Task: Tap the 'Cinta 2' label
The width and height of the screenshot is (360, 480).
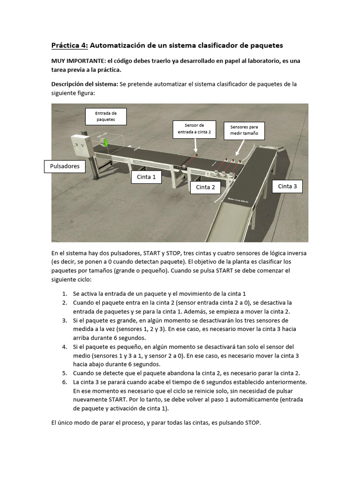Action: coord(205,187)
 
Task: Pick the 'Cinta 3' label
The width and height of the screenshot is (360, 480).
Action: coord(287,186)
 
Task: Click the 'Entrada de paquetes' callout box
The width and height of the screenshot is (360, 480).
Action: coord(105,116)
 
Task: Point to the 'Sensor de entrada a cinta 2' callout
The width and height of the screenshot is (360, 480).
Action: coord(194,129)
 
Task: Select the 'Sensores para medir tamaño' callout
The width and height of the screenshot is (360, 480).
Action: coord(244,131)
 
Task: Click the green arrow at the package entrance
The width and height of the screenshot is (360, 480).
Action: coord(106,142)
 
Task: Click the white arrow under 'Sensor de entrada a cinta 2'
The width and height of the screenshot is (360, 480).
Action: coord(195,146)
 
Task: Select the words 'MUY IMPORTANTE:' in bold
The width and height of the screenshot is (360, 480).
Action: coord(78,61)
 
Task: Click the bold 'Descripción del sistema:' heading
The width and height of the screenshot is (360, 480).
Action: coord(85,84)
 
